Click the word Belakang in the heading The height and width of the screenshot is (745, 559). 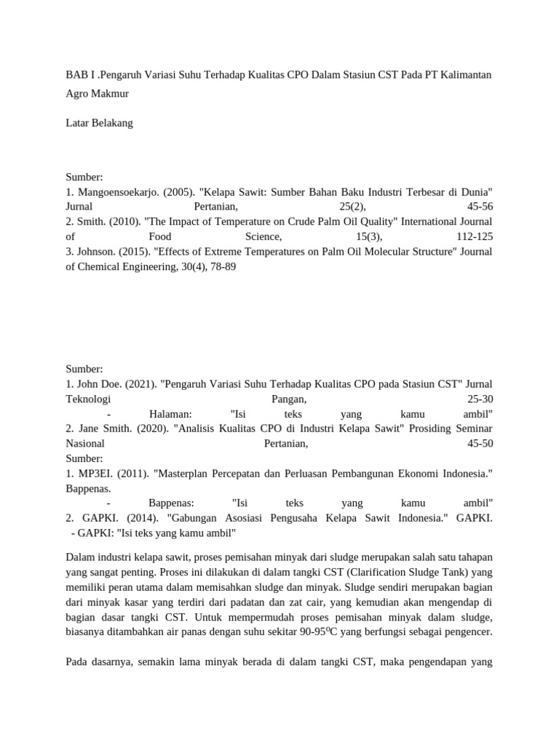[111, 123]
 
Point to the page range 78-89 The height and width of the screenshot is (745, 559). [221, 267]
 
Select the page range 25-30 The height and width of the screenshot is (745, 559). [479, 399]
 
